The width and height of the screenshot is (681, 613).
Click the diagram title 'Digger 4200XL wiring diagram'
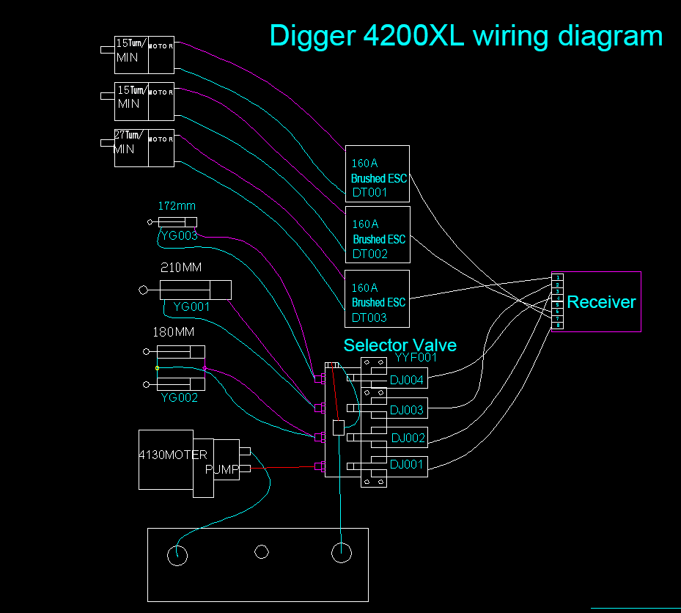coord(465,35)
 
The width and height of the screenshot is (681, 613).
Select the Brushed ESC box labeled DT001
coord(378,173)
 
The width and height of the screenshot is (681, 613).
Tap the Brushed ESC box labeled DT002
coord(378,235)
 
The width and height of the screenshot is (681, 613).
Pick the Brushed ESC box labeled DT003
coord(377,298)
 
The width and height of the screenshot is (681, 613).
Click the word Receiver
coord(601,302)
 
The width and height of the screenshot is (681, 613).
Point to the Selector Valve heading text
coord(400,345)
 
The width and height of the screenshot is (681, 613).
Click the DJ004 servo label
coord(407,380)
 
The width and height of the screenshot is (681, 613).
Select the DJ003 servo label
coord(407,410)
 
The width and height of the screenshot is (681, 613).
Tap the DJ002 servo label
coord(408,438)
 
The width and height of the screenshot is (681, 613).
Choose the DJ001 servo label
coord(407,464)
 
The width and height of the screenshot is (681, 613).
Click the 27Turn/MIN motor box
coord(144,148)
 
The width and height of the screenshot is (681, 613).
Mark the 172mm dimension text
coord(177,206)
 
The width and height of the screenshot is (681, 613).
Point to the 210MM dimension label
coord(180,268)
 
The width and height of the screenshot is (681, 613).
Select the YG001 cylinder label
coord(191,306)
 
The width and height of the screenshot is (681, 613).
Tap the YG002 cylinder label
coord(179,398)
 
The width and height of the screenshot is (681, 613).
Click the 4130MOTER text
coord(173,455)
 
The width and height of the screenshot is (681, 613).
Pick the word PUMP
coord(221,469)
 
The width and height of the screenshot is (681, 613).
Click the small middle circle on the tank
coord(262,552)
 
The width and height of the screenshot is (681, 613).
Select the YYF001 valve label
coord(416,358)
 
